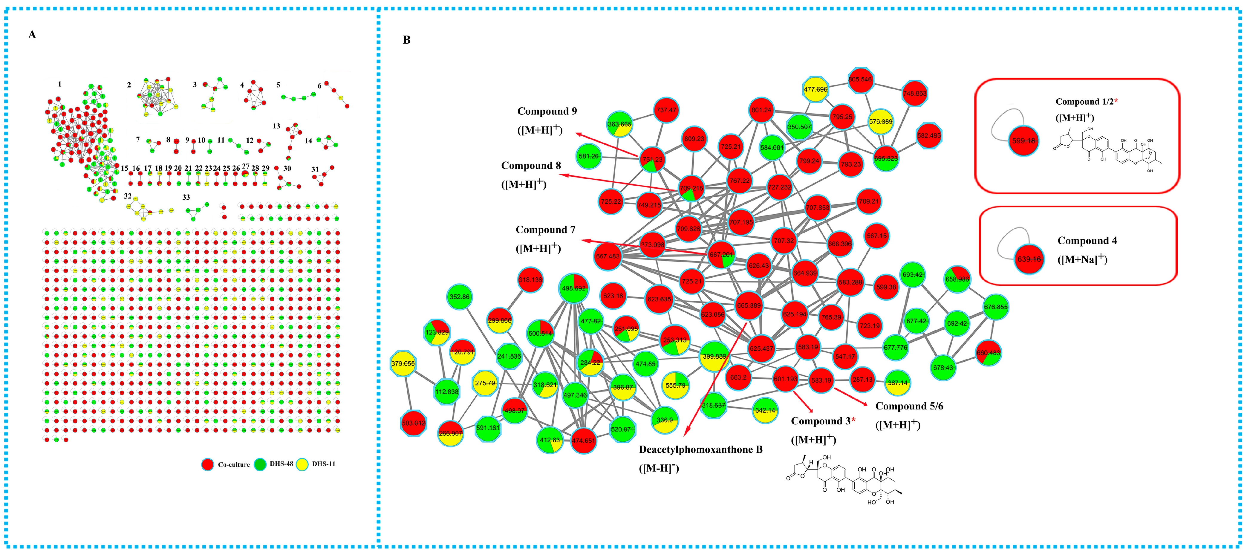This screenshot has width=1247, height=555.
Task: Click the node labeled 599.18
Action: (x=1023, y=140)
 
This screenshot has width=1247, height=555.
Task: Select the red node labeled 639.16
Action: (x=1029, y=259)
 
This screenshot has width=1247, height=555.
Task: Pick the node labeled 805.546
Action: (x=860, y=80)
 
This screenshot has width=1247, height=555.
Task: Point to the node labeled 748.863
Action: (x=914, y=94)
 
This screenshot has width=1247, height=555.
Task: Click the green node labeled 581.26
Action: (x=589, y=156)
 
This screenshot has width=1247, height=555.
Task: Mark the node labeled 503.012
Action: (x=413, y=423)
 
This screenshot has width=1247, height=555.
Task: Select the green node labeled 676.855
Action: (x=996, y=307)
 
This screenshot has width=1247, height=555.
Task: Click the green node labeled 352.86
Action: (x=459, y=297)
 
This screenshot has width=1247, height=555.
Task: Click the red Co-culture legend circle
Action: (x=208, y=464)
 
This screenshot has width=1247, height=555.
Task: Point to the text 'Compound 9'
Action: (x=547, y=111)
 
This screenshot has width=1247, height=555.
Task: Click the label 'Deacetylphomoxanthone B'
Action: (x=700, y=449)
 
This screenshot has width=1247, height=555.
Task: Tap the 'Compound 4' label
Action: (x=1087, y=241)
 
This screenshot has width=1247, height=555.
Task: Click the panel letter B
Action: (x=407, y=40)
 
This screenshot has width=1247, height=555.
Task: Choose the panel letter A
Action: (x=32, y=34)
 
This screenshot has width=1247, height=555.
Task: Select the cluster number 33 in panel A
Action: (x=186, y=197)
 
